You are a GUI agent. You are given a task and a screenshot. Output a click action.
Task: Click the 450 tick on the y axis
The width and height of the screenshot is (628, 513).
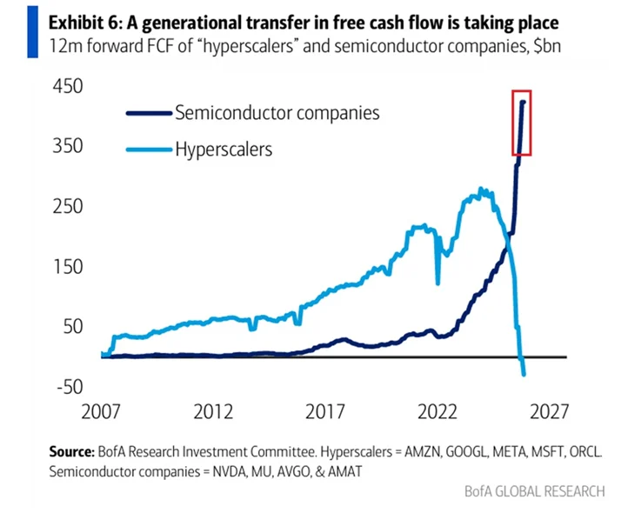pyautogui.click(x=68, y=86)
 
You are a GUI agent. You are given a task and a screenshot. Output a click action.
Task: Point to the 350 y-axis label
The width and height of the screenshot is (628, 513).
pyautogui.click(x=68, y=145)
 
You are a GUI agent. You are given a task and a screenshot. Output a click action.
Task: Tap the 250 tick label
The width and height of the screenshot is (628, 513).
pyautogui.click(x=68, y=207)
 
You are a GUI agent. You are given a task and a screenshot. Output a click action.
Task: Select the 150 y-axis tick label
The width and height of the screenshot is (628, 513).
pyautogui.click(x=68, y=267)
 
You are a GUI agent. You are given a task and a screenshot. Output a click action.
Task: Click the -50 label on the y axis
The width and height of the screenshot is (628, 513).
pyautogui.click(x=70, y=387)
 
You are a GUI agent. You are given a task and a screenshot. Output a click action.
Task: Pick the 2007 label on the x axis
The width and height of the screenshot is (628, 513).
pyautogui.click(x=101, y=411)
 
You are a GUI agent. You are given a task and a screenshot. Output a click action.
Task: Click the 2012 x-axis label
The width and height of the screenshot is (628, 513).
pyautogui.click(x=213, y=411)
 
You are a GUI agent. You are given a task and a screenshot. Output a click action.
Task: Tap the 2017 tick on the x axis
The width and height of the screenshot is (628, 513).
pyautogui.click(x=324, y=411)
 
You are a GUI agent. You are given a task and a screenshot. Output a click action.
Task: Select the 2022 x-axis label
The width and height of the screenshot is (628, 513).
pyautogui.click(x=437, y=411)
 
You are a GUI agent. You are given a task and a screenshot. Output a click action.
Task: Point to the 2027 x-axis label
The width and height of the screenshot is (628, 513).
pyautogui.click(x=549, y=411)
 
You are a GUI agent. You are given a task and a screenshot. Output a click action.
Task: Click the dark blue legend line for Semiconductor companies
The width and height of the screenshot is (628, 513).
pyautogui.click(x=149, y=113)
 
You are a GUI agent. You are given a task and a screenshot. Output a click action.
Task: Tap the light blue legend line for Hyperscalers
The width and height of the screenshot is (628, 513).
pyautogui.click(x=149, y=150)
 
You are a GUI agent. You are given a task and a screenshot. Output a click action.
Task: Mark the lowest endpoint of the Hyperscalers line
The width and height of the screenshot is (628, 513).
pyautogui.click(x=524, y=375)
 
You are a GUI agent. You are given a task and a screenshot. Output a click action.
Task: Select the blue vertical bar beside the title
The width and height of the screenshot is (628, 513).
pyautogui.click(x=33, y=32)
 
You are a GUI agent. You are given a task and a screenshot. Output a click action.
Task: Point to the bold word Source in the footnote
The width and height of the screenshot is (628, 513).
pyautogui.click(x=70, y=452)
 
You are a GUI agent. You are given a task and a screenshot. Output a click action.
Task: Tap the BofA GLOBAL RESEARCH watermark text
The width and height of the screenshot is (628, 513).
pyautogui.click(x=535, y=491)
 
